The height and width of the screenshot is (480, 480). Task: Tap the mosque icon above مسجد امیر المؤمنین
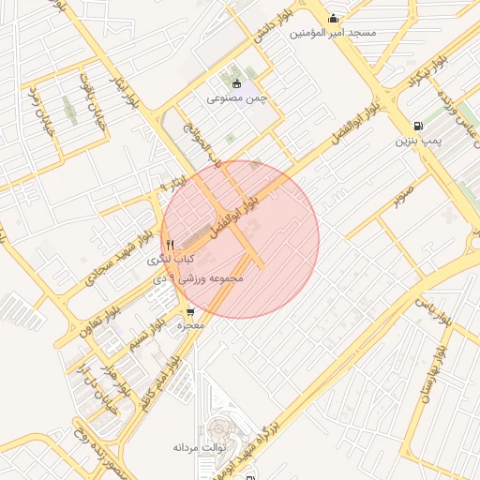click(x=333, y=18)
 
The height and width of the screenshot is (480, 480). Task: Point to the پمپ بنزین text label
click(x=416, y=142)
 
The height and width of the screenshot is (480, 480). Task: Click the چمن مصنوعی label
click(x=237, y=97)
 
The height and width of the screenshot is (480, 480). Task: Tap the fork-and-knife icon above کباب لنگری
click(x=170, y=244)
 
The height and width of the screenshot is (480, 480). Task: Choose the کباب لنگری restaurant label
click(x=174, y=257)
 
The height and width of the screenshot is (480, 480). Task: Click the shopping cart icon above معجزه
click(x=190, y=313)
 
